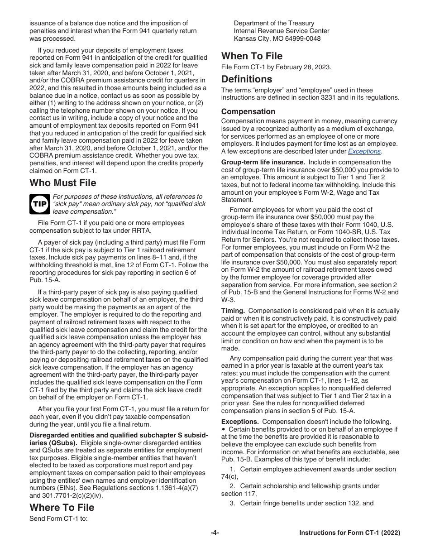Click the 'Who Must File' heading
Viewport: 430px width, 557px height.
click(63, 183)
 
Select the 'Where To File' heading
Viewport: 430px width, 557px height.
click(62, 507)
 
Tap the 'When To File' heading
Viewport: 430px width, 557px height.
click(252, 56)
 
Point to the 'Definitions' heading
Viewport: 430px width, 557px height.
click(247, 79)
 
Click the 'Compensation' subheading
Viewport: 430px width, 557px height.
click(248, 111)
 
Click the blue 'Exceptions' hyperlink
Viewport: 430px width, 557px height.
click(364, 151)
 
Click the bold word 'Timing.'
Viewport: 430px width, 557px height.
click(233, 311)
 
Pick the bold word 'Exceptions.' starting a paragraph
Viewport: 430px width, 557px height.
click(240, 422)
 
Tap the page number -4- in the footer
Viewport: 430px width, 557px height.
click(215, 533)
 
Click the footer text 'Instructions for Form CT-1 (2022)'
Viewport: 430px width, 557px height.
click(349, 533)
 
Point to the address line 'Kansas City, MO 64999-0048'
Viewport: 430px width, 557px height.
click(277, 38)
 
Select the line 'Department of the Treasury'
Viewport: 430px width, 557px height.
click(274, 23)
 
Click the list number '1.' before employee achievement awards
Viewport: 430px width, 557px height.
click(232, 469)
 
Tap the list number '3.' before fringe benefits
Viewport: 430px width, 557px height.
click(232, 503)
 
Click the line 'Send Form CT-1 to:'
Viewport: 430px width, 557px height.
click(58, 519)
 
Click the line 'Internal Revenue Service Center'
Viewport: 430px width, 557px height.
click(282, 31)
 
